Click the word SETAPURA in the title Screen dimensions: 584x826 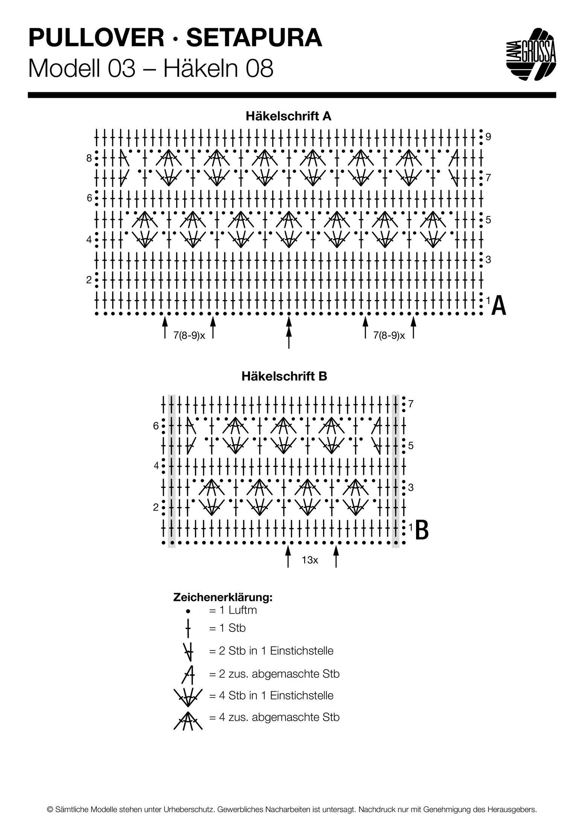click(254, 39)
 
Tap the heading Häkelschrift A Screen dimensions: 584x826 click(288, 116)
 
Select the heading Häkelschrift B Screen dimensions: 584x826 click(284, 376)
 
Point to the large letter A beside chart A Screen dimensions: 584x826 click(499, 306)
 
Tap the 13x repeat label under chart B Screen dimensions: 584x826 click(310, 560)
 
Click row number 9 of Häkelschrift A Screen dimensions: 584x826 click(488, 137)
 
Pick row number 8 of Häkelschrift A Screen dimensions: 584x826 click(89, 158)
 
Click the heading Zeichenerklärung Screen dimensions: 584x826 click(223, 597)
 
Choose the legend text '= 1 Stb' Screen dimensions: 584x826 click(227, 628)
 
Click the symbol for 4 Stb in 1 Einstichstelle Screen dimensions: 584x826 click(188, 695)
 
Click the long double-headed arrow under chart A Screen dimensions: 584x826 click(289, 332)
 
